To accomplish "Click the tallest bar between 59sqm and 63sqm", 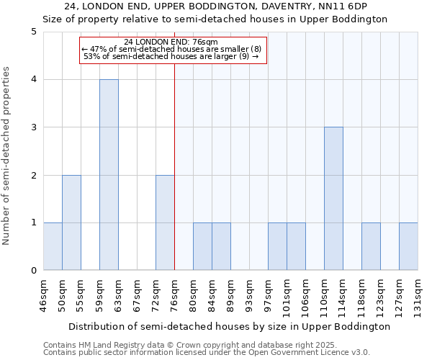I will click(109, 175).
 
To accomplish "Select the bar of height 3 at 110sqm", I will click(333, 199).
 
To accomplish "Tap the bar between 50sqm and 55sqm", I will click(71, 222).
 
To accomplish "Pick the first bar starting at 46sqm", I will click(53, 246).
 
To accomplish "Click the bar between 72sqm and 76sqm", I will click(165, 222).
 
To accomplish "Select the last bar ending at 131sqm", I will click(408, 246).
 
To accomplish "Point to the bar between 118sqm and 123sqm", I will click(371, 246).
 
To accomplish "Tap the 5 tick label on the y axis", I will click(34, 32).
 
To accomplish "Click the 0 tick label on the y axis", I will click(34, 271).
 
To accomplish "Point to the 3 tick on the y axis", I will click(34, 127).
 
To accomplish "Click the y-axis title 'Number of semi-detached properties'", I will click(7, 156).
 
